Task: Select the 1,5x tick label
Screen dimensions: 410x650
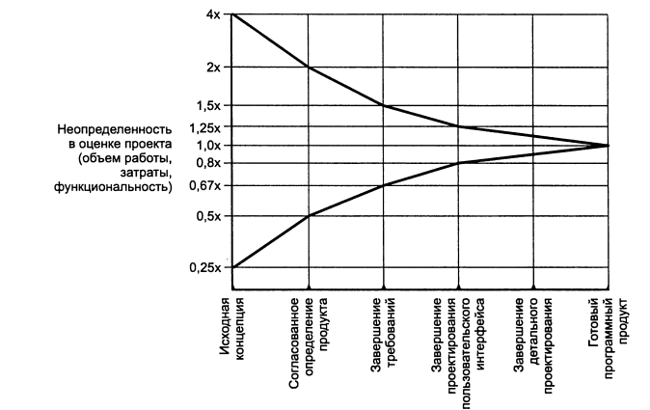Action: (x=209, y=105)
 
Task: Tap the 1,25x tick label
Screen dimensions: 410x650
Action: (x=207, y=127)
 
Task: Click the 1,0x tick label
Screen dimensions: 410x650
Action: (x=209, y=145)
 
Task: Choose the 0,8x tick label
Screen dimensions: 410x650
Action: (x=209, y=162)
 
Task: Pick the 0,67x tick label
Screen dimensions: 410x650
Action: (x=207, y=184)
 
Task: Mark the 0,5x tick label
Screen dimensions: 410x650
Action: (x=209, y=215)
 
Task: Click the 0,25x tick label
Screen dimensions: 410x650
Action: (x=207, y=267)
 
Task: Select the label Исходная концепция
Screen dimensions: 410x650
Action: (x=231, y=329)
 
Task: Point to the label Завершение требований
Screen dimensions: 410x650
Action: (x=384, y=329)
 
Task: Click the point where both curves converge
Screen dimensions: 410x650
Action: (x=609, y=145)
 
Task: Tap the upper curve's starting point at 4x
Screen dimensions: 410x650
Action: (x=232, y=15)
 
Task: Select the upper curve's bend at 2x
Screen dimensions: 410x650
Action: (x=308, y=68)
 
